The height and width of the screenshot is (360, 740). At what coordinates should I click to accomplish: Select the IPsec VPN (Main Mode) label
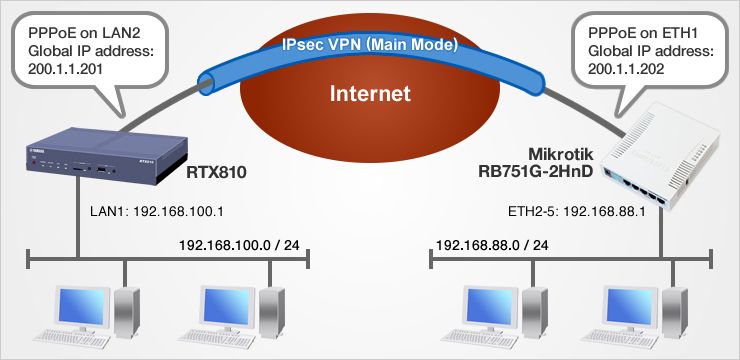(370, 45)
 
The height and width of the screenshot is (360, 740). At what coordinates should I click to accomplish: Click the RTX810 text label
(216, 174)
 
